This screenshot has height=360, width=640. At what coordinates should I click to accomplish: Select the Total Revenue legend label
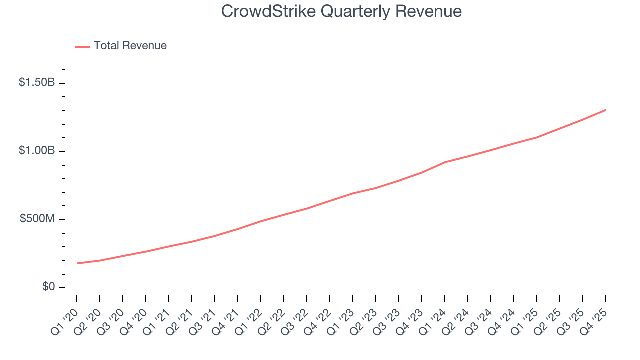[x=130, y=46]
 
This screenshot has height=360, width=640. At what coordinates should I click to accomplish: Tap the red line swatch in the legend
[x=82, y=46]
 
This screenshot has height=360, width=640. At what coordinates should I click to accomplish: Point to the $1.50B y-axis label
[x=37, y=82]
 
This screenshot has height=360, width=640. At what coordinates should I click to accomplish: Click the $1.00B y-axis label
[x=37, y=151]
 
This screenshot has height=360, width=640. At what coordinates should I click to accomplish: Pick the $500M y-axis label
[x=37, y=219]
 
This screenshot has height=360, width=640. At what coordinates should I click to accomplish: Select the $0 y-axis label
[x=48, y=287]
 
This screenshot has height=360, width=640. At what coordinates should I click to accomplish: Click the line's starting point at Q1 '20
[x=77, y=263]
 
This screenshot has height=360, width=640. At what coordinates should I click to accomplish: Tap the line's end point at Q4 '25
[x=606, y=110]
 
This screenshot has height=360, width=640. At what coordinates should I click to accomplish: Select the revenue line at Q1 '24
[x=445, y=162]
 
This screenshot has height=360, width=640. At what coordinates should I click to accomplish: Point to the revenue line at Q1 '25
[x=537, y=137]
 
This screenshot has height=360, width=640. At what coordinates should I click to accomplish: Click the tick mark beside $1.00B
[x=62, y=151]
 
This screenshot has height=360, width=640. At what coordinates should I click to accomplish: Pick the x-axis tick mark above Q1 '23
[x=353, y=298]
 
